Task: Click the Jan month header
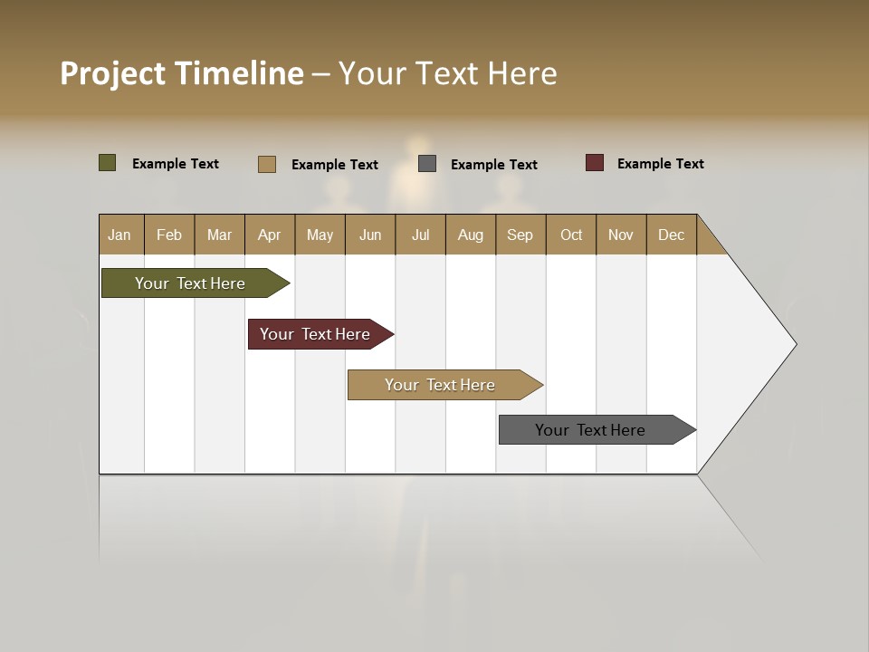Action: (120, 235)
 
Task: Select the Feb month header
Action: (169, 235)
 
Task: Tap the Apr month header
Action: (270, 235)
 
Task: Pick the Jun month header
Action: (370, 235)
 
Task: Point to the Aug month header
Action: (471, 235)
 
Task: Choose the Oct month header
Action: (571, 235)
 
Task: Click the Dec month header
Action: (672, 235)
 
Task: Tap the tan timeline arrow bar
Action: (442, 385)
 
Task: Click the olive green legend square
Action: (107, 163)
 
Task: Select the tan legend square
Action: (266, 164)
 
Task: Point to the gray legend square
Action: (427, 163)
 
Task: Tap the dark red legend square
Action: (594, 163)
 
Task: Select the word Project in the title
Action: (112, 73)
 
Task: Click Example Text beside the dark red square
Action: (660, 164)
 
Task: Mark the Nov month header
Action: (621, 235)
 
